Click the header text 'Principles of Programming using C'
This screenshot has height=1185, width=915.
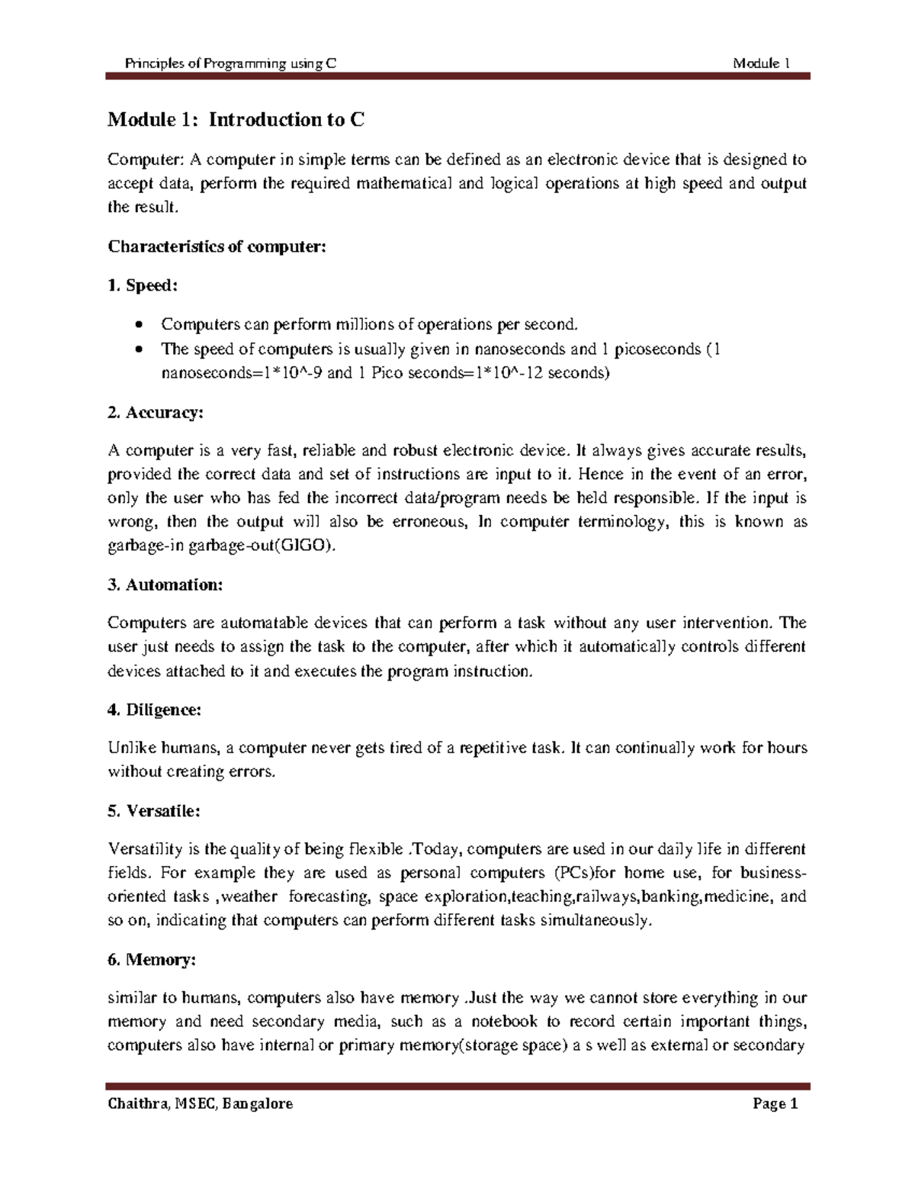[230, 64]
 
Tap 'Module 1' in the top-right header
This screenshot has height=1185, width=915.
[760, 64]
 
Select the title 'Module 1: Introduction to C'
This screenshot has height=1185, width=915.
[236, 120]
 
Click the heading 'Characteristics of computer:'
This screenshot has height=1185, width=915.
[217, 246]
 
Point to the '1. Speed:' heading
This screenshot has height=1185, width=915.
[143, 285]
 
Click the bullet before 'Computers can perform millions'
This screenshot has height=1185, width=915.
[137, 325]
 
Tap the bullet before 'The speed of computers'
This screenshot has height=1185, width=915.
[137, 349]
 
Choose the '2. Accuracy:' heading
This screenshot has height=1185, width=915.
[156, 413]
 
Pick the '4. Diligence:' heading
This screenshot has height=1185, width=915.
[155, 710]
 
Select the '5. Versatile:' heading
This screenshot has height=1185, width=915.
[154, 811]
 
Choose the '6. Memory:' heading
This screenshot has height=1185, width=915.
[152, 960]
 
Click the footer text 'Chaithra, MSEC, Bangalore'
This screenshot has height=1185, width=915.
[201, 1104]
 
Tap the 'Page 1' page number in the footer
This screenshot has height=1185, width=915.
[775, 1104]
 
